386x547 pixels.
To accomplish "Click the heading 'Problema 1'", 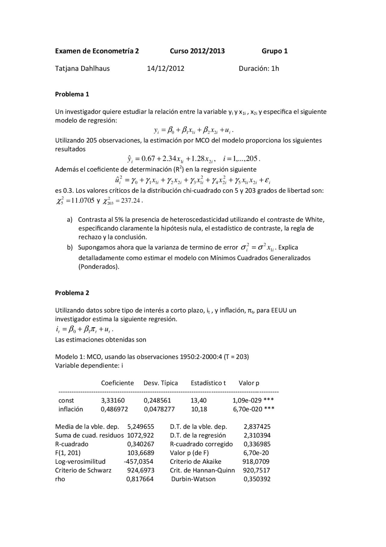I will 72,94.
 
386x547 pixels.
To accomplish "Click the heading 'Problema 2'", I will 72,293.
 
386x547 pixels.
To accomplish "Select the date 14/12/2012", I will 165,68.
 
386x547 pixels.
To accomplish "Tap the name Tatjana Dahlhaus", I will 82,68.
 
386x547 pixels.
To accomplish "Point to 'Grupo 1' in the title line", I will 274,51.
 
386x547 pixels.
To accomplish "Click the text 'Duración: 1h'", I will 259,68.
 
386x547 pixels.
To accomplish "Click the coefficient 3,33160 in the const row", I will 112,401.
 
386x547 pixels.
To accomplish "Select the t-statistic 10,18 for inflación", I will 199,409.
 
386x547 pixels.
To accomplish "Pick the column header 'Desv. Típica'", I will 160,383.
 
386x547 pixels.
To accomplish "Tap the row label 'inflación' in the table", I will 71,409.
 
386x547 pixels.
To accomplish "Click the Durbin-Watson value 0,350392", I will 257,479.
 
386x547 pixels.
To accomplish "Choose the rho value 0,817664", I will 140,479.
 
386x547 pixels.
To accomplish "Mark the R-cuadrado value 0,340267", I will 140,444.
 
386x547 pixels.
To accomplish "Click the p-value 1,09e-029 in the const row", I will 247,401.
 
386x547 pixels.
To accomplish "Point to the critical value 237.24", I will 130,201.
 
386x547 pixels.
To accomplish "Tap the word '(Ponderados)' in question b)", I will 99,267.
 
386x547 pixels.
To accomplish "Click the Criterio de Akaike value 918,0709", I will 256,462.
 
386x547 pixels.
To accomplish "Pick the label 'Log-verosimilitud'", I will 80,462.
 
